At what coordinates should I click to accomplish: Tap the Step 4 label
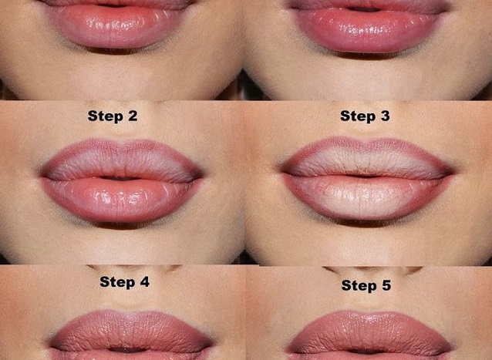click(x=124, y=281)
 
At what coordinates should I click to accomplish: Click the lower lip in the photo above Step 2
click(x=116, y=31)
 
